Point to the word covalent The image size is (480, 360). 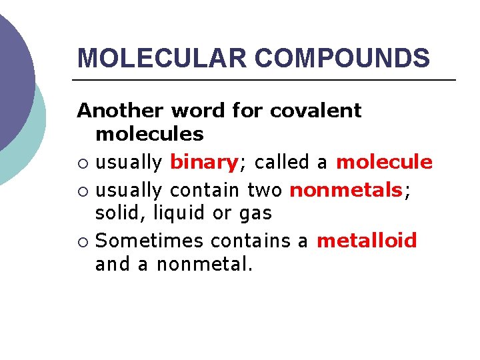315,110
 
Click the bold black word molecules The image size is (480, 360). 149,134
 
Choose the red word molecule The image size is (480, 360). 385,162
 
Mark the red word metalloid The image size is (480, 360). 367,240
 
